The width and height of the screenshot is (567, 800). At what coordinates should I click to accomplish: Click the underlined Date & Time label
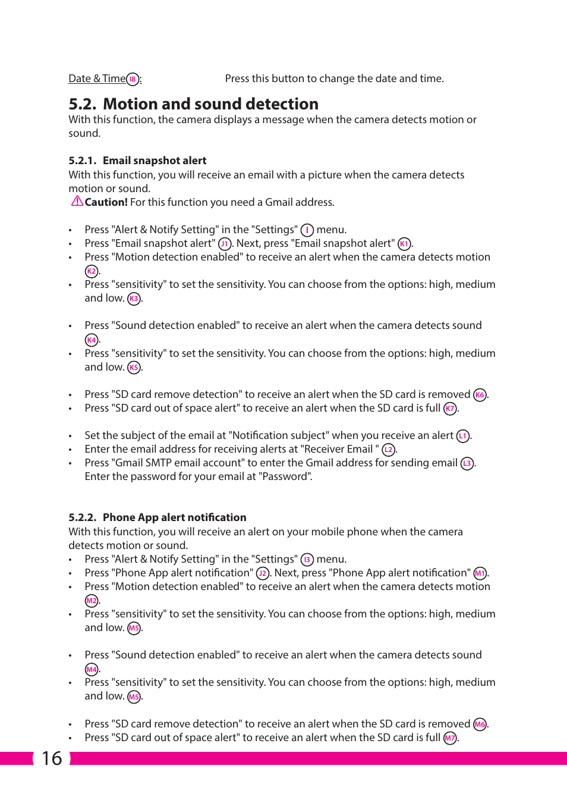[x=97, y=79]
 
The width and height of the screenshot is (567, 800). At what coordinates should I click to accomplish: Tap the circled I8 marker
[x=133, y=79]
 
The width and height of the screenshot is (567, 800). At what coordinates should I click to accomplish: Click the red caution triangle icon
[x=77, y=201]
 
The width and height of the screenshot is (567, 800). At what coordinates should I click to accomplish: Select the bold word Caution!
[x=106, y=202]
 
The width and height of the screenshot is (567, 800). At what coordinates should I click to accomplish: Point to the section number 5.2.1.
[x=82, y=161]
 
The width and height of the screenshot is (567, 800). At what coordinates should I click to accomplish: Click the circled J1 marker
[x=225, y=244]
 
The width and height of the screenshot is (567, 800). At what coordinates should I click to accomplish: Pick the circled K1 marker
[x=404, y=244]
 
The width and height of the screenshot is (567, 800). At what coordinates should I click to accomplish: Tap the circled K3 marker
[x=134, y=299]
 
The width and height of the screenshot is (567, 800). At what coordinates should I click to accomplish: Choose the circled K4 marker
[x=91, y=340]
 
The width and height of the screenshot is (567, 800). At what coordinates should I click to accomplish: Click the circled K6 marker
[x=480, y=395]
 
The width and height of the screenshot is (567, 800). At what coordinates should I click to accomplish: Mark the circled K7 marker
[x=450, y=409]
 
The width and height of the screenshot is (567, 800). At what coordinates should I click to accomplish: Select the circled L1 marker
[x=463, y=436]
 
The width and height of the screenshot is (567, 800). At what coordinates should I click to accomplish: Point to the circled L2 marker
[x=388, y=450]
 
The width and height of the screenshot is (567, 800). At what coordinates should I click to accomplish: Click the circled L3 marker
[x=467, y=463]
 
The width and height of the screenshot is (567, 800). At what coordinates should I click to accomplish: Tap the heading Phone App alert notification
[x=174, y=517]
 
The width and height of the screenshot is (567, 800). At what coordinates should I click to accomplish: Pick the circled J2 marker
[x=263, y=573]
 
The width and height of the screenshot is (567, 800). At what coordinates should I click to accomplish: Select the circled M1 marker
[x=480, y=573]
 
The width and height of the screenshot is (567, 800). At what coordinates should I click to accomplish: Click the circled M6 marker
[x=480, y=724]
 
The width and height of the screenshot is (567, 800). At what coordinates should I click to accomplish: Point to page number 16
[x=52, y=758]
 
